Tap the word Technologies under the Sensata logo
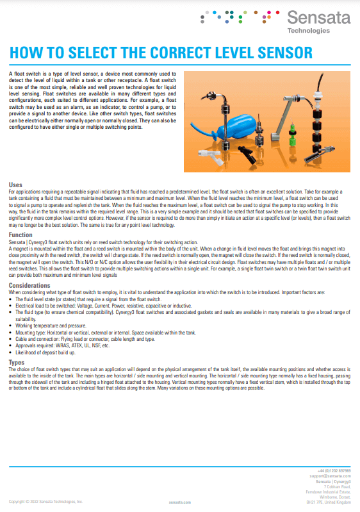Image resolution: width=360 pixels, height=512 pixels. [309, 30]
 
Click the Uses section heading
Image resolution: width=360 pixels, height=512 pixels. [15, 185]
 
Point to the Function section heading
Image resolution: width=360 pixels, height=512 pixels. [21, 235]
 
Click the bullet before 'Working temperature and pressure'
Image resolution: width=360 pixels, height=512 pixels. [11, 326]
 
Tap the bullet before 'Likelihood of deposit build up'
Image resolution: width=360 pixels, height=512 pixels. [11, 352]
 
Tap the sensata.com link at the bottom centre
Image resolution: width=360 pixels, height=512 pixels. [180, 502]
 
